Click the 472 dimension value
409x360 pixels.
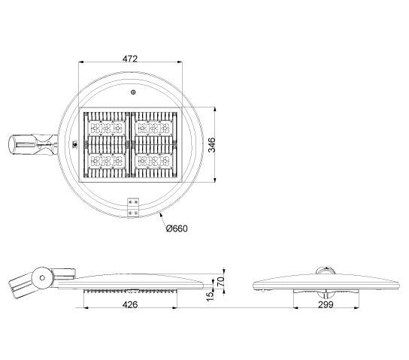click(x=130, y=59)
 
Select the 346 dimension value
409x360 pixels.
click(x=211, y=145)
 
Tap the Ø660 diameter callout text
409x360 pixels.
click(x=177, y=228)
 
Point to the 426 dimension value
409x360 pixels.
click(x=130, y=304)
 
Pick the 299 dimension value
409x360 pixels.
click(x=326, y=304)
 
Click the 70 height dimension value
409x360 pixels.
click(x=221, y=282)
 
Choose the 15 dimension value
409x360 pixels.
click(x=210, y=296)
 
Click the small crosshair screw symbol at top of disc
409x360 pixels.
click(x=133, y=92)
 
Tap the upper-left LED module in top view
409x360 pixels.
click(x=107, y=128)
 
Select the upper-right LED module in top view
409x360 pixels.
click(x=153, y=128)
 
